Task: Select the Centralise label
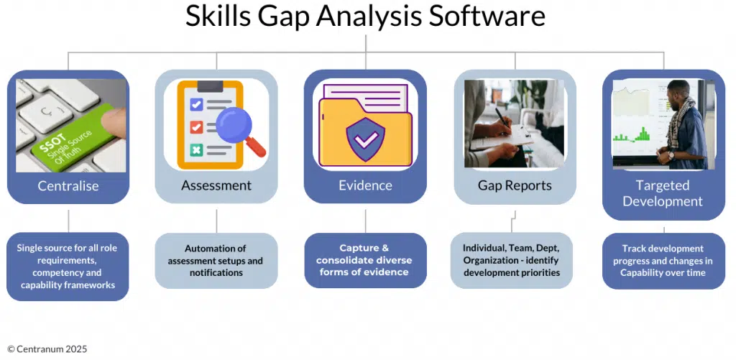68,186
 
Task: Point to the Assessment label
216,185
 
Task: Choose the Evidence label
365,185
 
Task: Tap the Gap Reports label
515,185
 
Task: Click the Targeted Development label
663,193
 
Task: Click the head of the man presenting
677,91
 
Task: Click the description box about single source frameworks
68,267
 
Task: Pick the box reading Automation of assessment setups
216,261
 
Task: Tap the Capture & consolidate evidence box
365,260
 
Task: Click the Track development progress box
663,261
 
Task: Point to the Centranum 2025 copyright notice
47,349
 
